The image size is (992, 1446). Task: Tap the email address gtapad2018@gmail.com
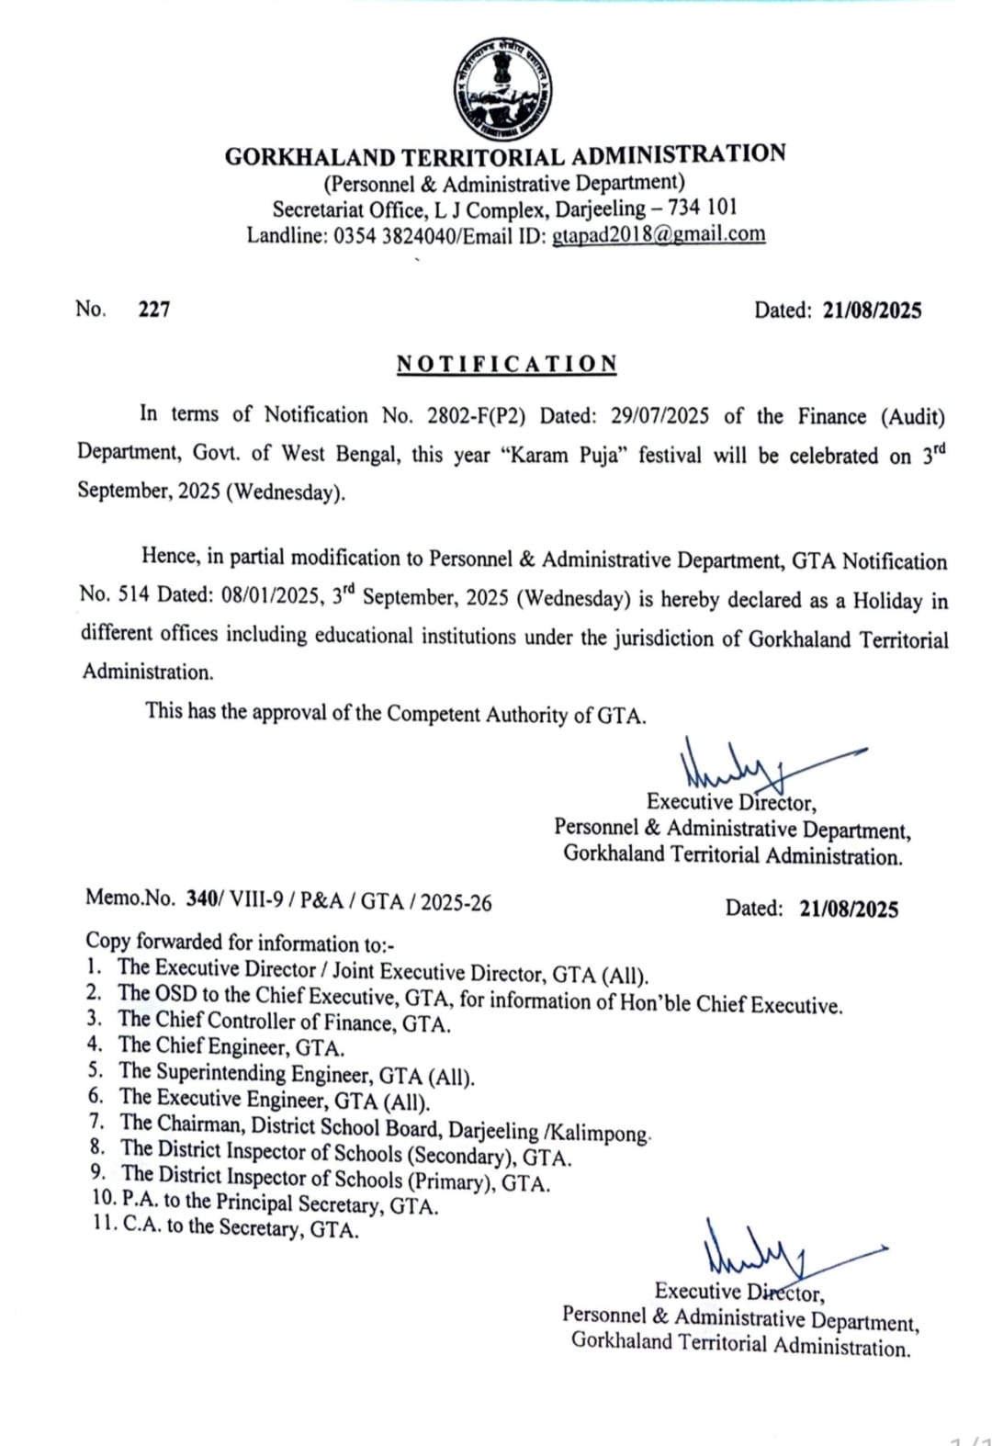[658, 234]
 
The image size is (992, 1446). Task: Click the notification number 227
[154, 310]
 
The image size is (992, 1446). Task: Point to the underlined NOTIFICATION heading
[506, 364]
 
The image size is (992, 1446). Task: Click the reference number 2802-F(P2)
[476, 416]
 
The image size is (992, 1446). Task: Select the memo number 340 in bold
[199, 899]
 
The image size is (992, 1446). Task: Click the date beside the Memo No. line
[848, 909]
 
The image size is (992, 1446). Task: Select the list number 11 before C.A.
[104, 1225]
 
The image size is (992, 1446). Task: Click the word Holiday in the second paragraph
[887, 601]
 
